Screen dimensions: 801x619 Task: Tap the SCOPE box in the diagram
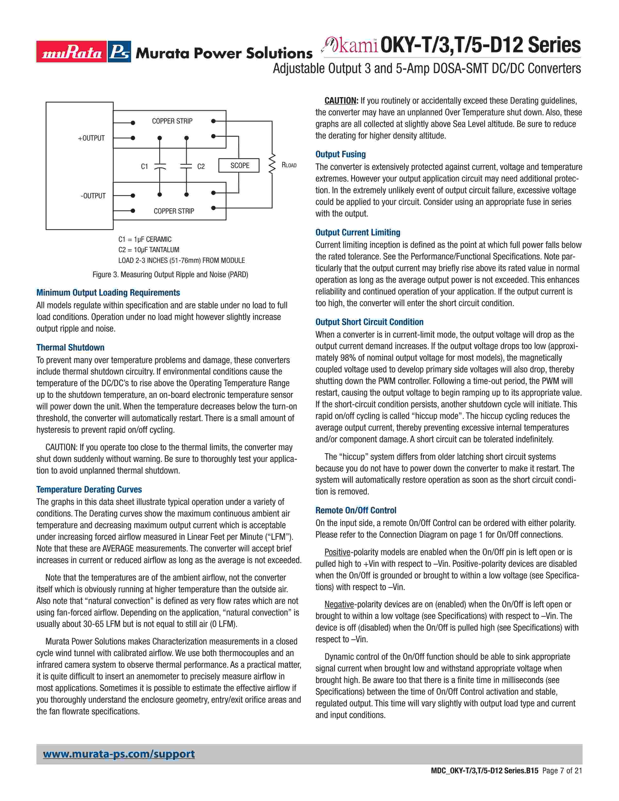tap(239, 165)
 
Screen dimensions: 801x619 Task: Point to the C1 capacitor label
tap(144, 167)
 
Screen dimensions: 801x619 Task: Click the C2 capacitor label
tap(201, 167)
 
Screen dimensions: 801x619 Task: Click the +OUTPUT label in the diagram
tap(91, 138)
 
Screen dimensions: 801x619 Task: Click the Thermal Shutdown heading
tap(70, 347)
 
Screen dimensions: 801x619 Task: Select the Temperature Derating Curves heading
tap(89, 489)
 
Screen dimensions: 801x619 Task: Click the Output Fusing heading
tap(341, 154)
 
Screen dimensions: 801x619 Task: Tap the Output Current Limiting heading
tap(358, 232)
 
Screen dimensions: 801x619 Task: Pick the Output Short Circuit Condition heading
tap(369, 322)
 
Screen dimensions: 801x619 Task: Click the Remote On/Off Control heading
tap(356, 510)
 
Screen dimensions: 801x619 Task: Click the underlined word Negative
tap(339, 604)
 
